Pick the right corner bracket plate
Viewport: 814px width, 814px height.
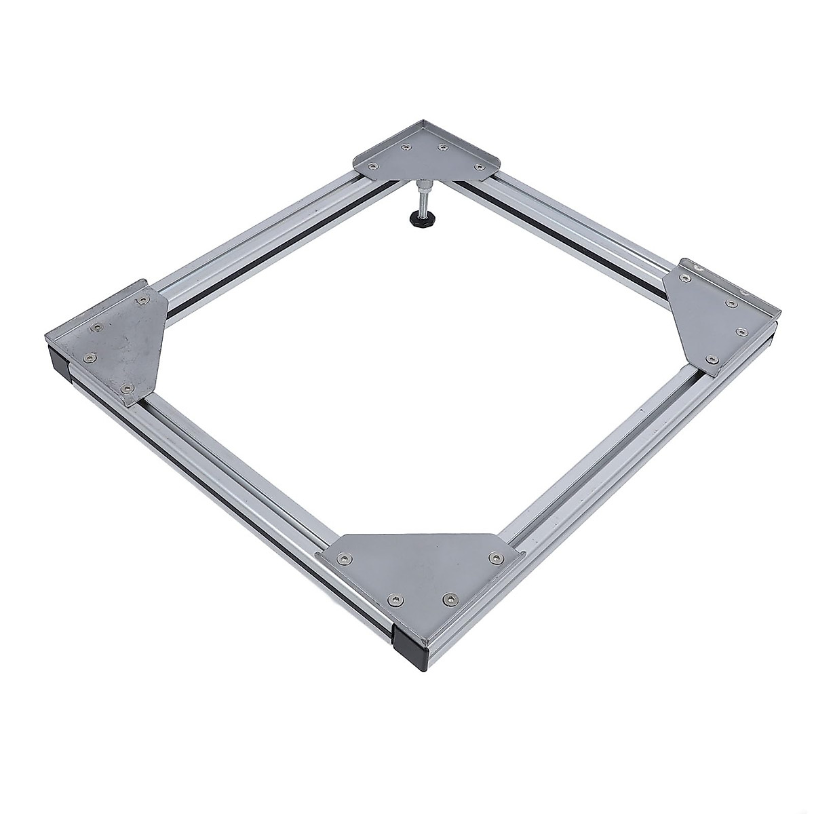tap(719, 315)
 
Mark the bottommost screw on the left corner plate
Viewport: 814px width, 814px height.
tap(126, 387)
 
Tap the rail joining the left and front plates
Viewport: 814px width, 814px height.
tap(231, 468)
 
